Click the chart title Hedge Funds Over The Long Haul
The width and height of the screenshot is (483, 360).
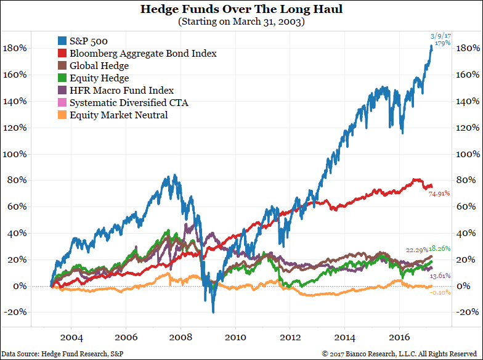pos(241,10)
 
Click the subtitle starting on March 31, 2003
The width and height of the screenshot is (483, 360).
pos(241,22)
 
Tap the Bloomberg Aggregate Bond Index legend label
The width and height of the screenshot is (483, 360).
pos(143,54)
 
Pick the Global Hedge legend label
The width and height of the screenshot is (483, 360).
pos(99,66)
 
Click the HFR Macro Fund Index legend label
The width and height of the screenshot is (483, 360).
pos(121,90)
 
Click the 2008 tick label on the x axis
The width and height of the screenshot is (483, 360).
pos(180,338)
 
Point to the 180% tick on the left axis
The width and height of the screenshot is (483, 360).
pos(15,48)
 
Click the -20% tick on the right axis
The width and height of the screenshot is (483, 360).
pos(468,312)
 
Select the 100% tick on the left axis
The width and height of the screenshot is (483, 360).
pos(15,154)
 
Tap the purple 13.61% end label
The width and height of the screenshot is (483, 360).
pos(440,276)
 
